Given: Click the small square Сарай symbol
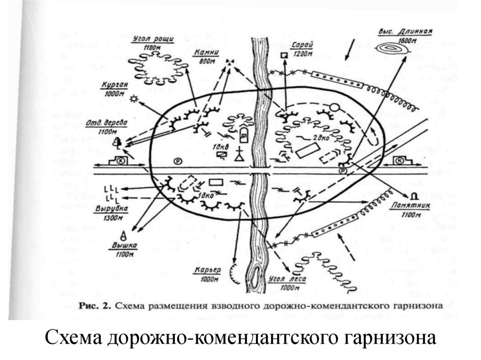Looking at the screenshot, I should pyautogui.click(x=283, y=56).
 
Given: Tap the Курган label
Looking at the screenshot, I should pyautogui.click(x=113, y=87).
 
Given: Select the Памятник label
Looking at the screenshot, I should pyautogui.click(x=408, y=206).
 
